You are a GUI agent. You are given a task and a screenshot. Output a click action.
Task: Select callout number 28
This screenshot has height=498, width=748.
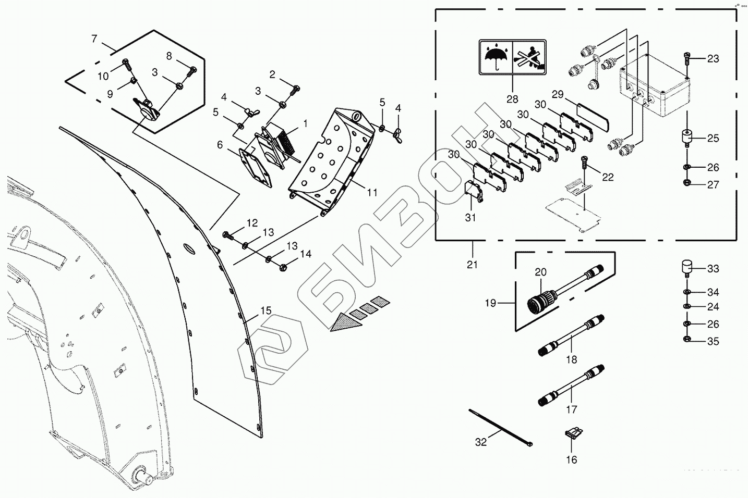[x=512, y=99]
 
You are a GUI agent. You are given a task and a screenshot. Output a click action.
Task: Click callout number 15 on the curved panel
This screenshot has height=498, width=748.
[x=266, y=310]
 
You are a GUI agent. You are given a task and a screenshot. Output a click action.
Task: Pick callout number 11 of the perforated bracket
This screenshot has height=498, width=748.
[x=372, y=193]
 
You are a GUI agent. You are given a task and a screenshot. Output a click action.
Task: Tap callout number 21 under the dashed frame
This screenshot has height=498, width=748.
[x=472, y=265]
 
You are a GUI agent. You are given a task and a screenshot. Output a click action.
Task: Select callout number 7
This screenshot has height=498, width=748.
[x=94, y=39]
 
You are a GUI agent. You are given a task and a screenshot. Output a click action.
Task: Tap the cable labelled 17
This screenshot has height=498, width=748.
[x=571, y=385]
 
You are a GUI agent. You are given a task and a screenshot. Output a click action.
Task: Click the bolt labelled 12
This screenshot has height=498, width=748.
[x=230, y=235]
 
